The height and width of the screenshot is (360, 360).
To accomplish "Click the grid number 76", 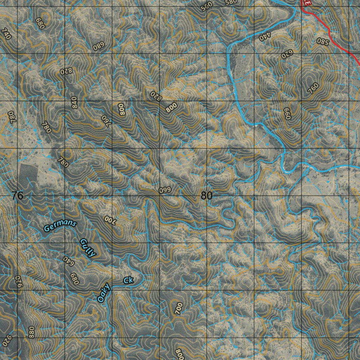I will pyautogui.click(x=17, y=195).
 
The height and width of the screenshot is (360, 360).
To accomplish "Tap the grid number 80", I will pyautogui.click(x=207, y=195).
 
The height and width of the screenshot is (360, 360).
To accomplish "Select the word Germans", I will pyautogui.click(x=60, y=226).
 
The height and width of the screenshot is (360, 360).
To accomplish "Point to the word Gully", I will pyautogui.click(x=88, y=248).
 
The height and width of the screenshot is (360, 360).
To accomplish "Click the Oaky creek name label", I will pyautogui.click(x=104, y=293).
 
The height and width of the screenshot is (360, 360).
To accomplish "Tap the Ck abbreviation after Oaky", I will pyautogui.click(x=128, y=280).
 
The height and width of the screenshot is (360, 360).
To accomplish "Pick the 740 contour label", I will pyautogui.click(x=6, y=34).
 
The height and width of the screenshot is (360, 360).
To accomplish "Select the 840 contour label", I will pyautogui.click(x=74, y=103).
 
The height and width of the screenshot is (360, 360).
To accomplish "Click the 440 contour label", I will pyautogui.click(x=265, y=36).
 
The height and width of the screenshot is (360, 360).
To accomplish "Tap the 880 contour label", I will pyautogui.click(x=31, y=332).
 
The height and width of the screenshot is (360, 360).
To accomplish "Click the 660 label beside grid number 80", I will pyautogui.click(x=165, y=190).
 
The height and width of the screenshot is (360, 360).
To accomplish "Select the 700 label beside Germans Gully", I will pyautogui.click(x=110, y=220).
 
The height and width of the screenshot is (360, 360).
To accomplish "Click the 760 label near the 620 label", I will pyautogui.click(x=313, y=88).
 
